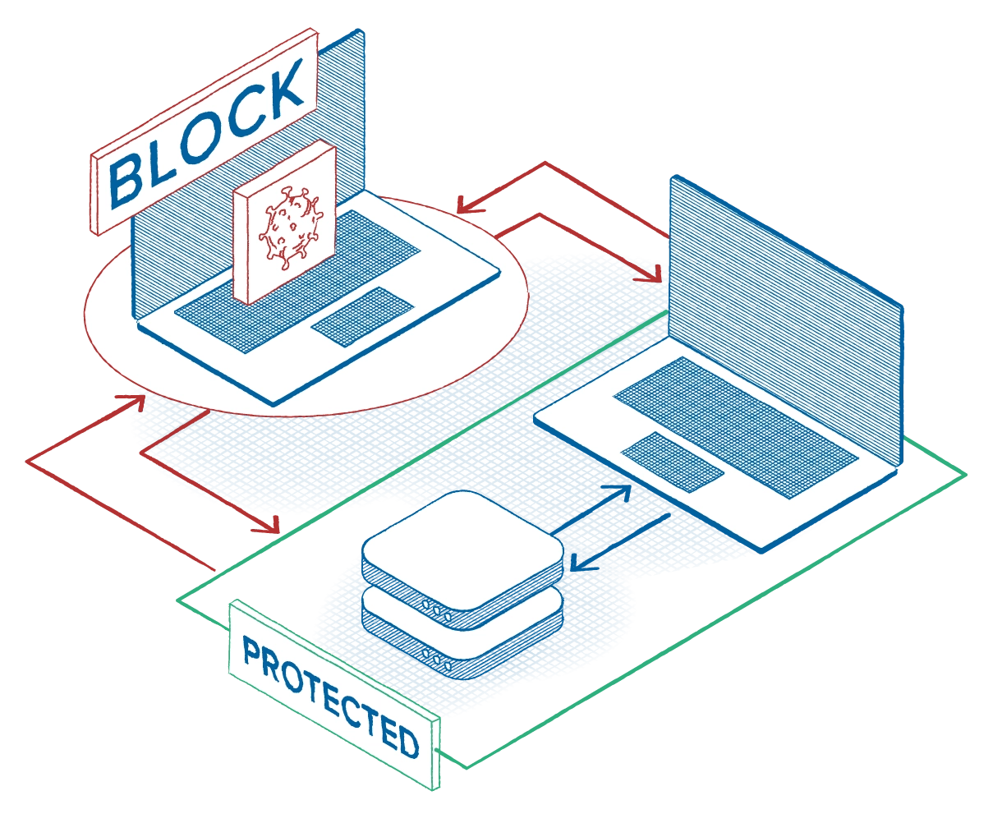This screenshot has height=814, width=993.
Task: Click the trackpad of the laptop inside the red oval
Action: coord(362,316)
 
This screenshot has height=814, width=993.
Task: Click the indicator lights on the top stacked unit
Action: coord(436,609)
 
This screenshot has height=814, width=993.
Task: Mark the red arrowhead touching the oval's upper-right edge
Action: coord(462,207)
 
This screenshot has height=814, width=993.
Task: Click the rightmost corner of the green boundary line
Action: coord(966,474)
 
